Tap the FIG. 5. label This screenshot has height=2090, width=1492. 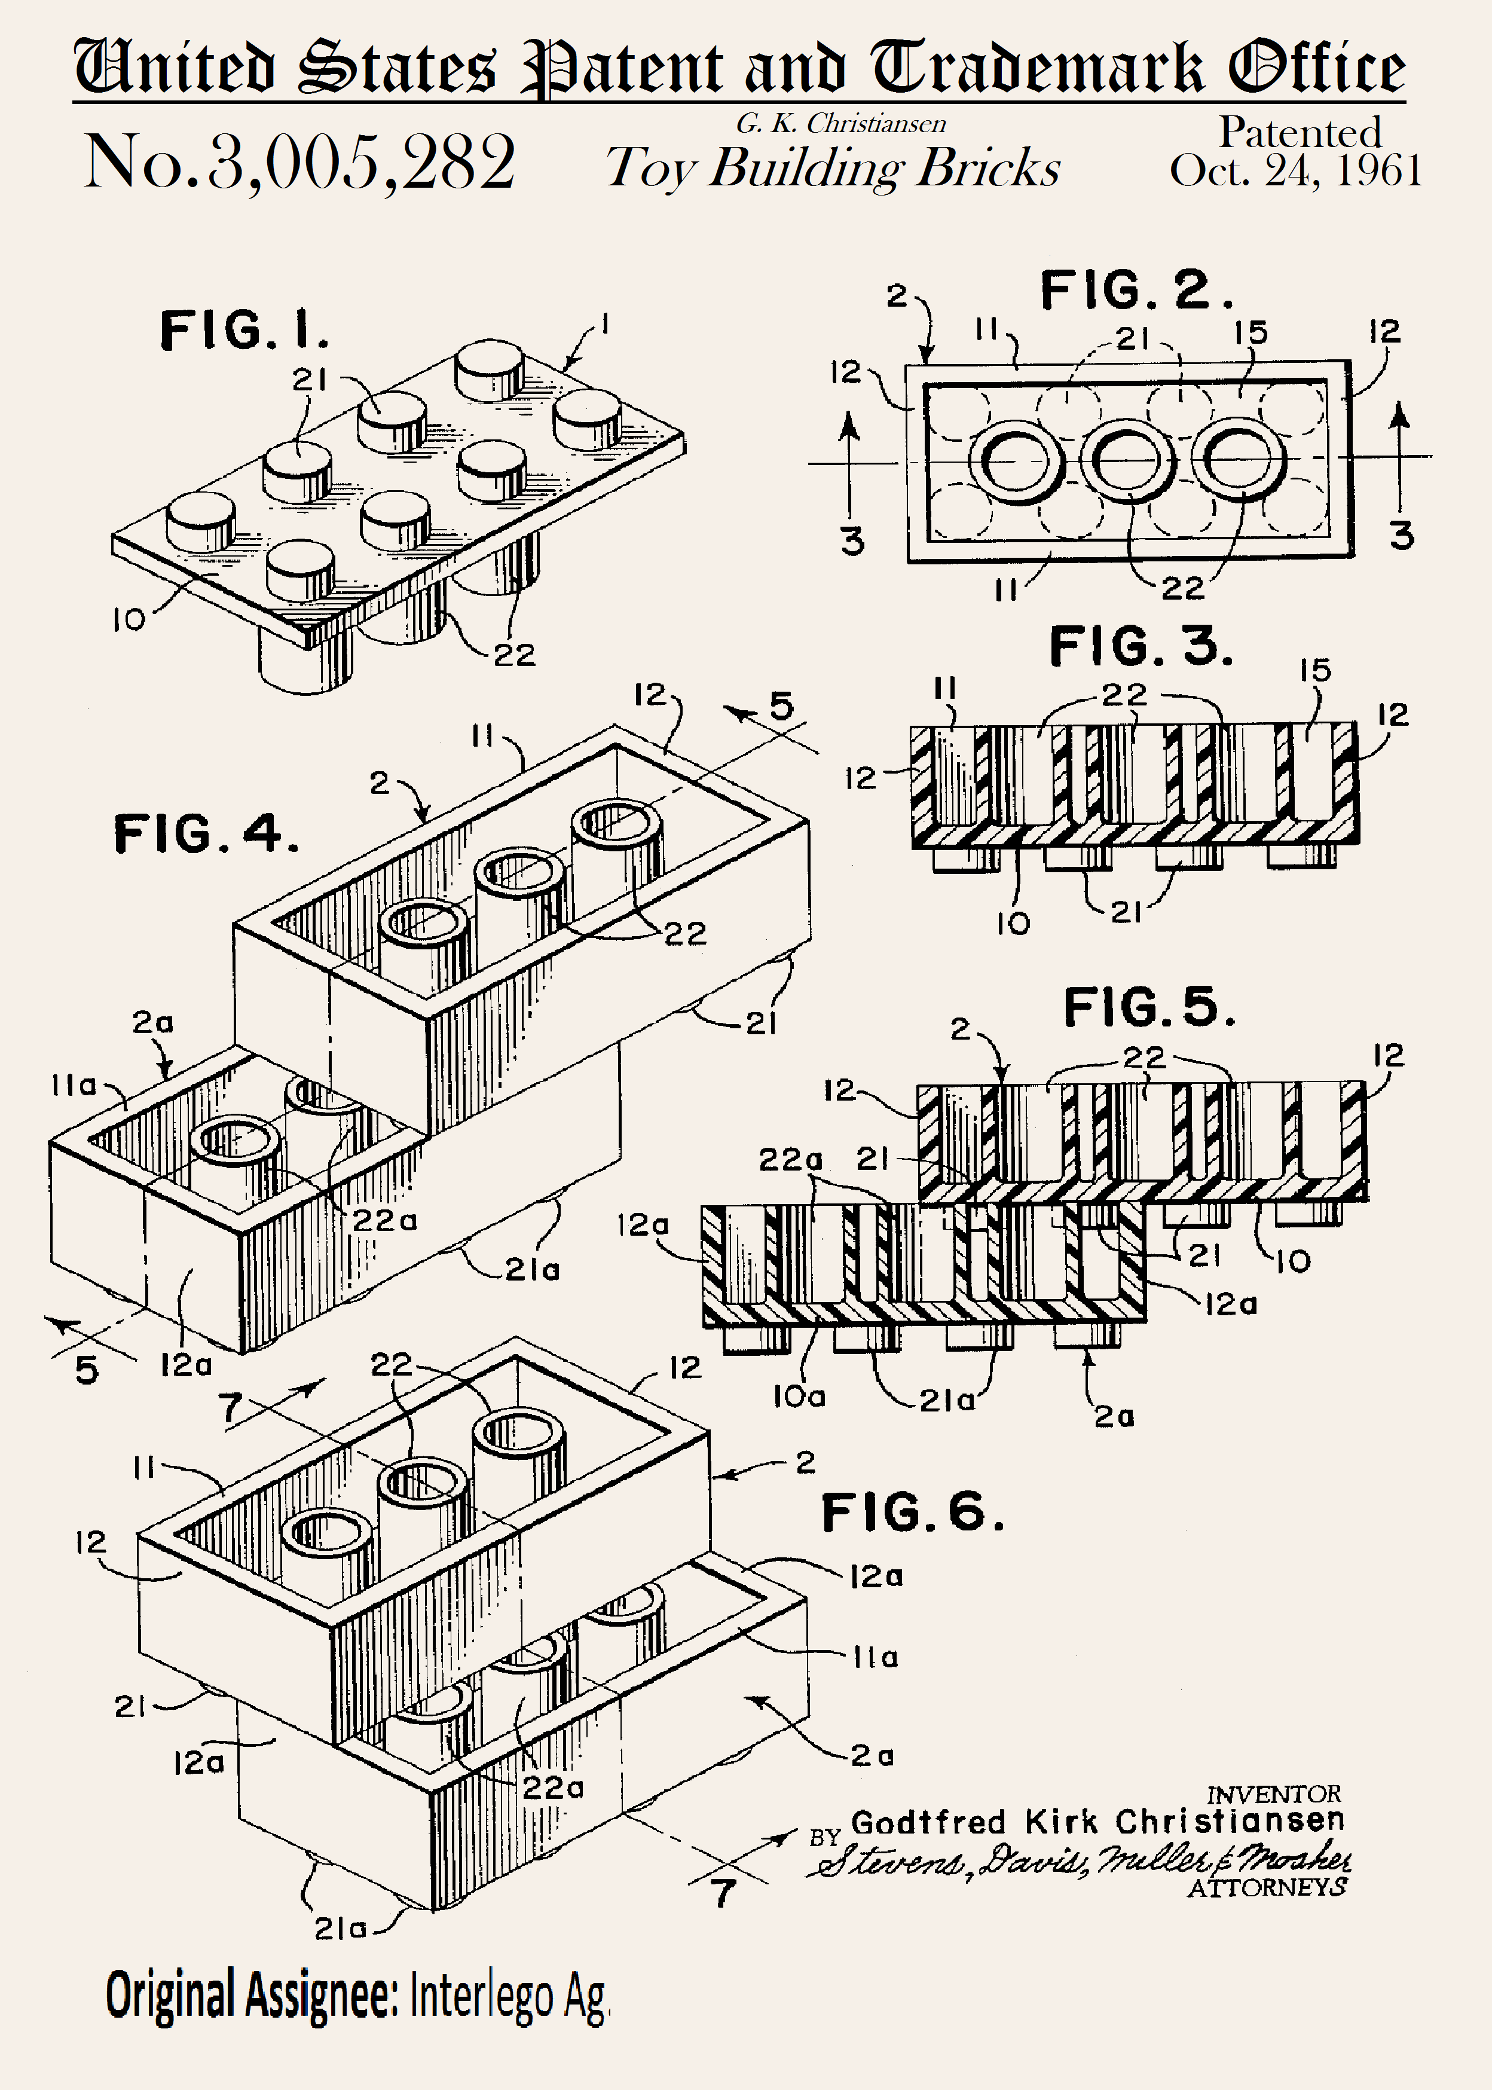(1148, 1008)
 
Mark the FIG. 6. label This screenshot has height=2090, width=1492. (912, 1513)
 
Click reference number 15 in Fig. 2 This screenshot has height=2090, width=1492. (1251, 332)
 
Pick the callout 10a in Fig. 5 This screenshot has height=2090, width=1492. (799, 1397)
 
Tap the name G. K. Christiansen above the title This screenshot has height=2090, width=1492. (840, 123)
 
